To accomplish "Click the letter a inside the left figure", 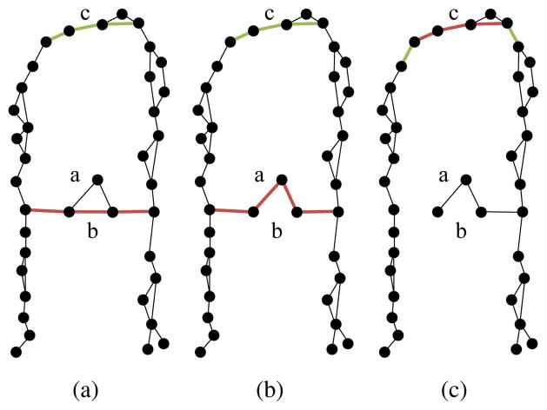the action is pyautogui.click(x=76, y=175).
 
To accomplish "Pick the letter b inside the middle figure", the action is pyautogui.click(x=277, y=230).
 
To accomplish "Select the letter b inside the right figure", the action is pyautogui.click(x=461, y=230).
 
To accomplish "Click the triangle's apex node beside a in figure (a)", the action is pyautogui.click(x=97, y=180).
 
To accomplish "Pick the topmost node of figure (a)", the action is pyautogui.click(x=123, y=13).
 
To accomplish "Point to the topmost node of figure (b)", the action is pyautogui.click(x=306, y=13).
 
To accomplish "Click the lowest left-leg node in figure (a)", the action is pyautogui.click(x=16, y=351).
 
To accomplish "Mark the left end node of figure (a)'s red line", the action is pyautogui.click(x=25, y=208).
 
